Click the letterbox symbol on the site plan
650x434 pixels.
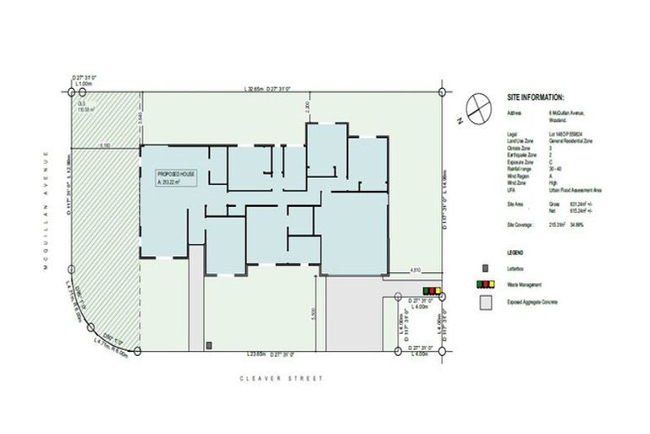click(x=209, y=344)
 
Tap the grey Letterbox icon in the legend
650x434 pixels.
click(x=485, y=270)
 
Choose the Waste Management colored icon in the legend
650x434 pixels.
click(x=485, y=286)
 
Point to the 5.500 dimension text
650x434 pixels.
click(x=312, y=312)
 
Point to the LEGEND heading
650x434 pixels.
click(x=515, y=253)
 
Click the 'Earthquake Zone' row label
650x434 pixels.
click(x=522, y=156)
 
